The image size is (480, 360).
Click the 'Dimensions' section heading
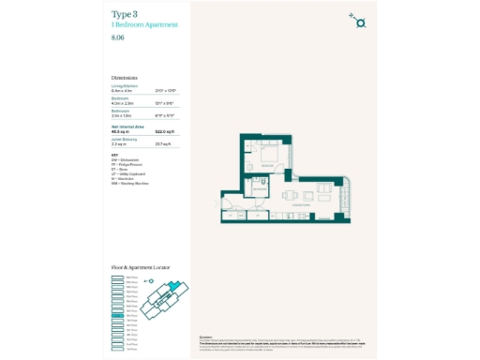[124, 78]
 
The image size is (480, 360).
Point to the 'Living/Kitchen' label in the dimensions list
[124, 85]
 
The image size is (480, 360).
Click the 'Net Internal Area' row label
[127, 125]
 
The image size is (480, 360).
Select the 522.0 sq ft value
[166, 131]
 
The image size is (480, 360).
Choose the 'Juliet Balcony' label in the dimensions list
[124, 139]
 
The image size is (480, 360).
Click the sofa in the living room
[331, 199]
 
